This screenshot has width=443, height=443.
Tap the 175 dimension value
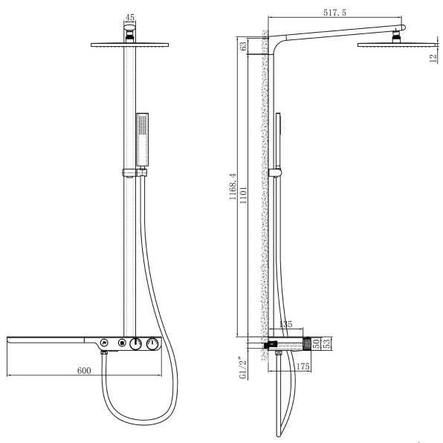point(301,365)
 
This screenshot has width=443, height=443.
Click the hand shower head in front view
point(142,129)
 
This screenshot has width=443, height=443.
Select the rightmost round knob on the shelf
point(152,343)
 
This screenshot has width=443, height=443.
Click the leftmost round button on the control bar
point(105,343)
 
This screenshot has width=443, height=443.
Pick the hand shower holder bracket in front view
point(133,173)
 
